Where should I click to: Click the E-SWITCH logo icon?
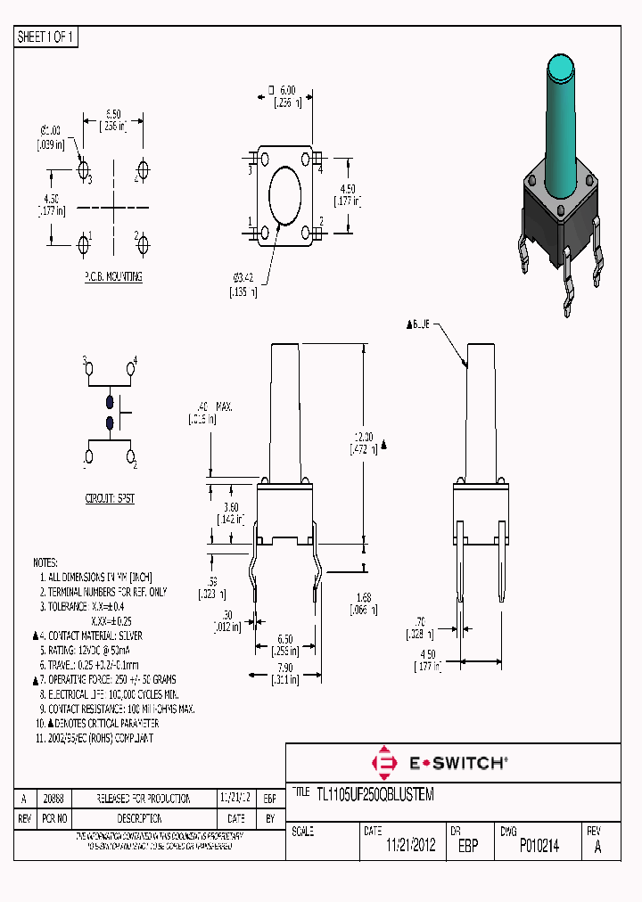click(x=384, y=764)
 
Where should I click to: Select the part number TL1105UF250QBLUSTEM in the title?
click(x=375, y=794)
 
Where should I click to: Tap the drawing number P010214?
click(x=539, y=847)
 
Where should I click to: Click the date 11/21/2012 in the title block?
click(x=410, y=847)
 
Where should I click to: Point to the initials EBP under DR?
click(x=467, y=847)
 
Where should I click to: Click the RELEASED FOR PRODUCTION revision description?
click(x=144, y=799)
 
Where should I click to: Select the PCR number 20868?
click(x=53, y=799)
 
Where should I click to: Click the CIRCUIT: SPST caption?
click(x=110, y=499)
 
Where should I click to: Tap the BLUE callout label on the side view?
click(x=418, y=325)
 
